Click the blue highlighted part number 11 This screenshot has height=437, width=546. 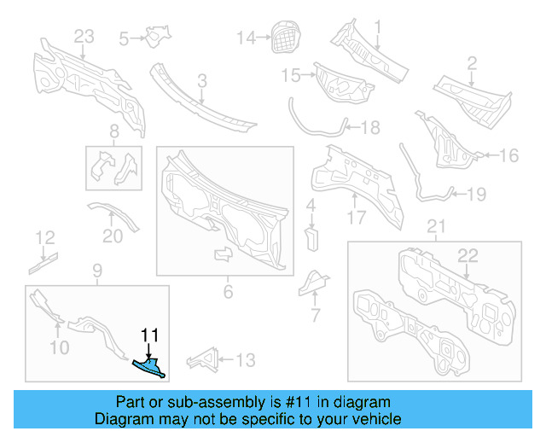coord(150,367)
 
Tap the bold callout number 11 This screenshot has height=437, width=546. coord(149,335)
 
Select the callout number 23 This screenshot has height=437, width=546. coord(84,36)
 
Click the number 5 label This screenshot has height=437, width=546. coord(124,38)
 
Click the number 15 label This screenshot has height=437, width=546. coord(291,76)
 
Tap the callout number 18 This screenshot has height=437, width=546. coord(370,128)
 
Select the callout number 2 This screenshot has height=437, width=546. coord(471,61)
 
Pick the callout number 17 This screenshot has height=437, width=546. coord(356,218)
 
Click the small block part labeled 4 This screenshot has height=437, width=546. coord(312,236)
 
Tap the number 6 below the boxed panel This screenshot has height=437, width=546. coord(228,293)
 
